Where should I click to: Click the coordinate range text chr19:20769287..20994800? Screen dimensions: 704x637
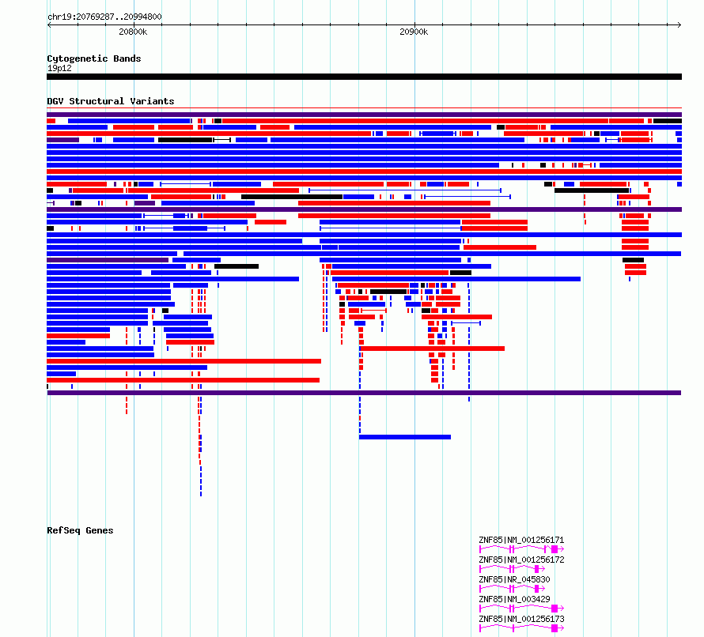pos(104,17)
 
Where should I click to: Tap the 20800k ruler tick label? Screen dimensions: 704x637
pos(133,32)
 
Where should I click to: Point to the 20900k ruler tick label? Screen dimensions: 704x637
pos(414,32)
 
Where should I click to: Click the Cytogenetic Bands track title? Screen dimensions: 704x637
pos(94,58)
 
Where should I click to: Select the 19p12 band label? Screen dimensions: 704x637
pos(59,68)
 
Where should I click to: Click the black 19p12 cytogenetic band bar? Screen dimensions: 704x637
pos(364,77)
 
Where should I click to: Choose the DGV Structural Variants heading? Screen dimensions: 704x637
pos(111,101)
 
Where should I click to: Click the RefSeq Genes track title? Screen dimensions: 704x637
pos(80,530)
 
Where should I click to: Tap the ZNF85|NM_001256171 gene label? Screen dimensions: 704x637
pos(521,540)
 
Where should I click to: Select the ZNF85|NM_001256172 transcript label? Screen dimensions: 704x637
pos(521,560)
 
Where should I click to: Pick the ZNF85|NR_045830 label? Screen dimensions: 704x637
pos(514,579)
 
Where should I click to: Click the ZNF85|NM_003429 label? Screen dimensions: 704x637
pos(514,599)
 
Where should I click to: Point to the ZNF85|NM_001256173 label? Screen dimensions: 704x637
pos(521,619)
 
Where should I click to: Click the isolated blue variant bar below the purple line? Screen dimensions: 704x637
pos(405,437)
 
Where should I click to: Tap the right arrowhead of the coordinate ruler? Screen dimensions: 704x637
pos(680,25)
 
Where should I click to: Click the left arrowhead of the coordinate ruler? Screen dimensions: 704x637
pos(48,25)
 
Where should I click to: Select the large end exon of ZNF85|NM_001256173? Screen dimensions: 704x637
pos(554,628)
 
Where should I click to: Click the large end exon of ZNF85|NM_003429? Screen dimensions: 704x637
pos(554,609)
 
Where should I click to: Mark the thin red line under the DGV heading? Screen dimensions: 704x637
pos(364,108)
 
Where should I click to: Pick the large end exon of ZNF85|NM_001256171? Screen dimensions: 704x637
pos(554,549)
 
